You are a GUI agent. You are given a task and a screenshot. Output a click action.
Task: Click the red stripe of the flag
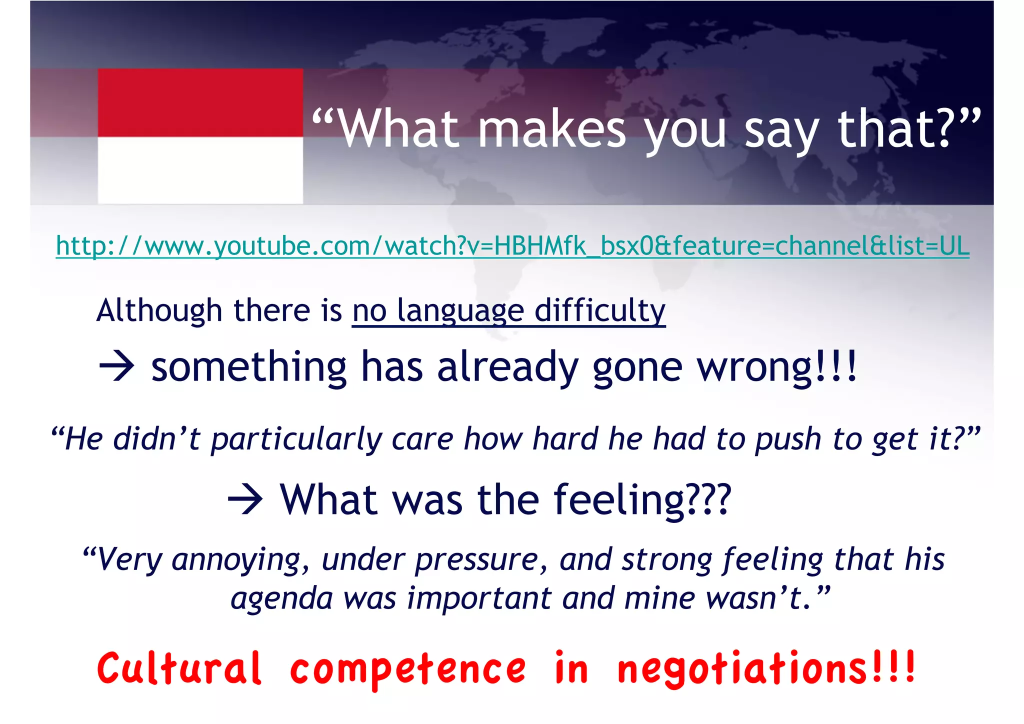pos(200,103)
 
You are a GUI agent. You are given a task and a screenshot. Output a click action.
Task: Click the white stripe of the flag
pos(200,170)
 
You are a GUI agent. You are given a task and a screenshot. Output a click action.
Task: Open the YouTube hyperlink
pos(512,246)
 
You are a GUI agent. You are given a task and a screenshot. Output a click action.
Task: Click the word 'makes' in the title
pos(552,130)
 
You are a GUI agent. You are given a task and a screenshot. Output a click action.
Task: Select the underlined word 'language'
pos(460,311)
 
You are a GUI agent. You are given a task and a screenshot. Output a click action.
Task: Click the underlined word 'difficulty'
pos(599,311)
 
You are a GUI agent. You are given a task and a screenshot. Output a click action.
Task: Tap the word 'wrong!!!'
pos(777,367)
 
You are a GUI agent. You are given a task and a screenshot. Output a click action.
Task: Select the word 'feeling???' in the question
pos(642,500)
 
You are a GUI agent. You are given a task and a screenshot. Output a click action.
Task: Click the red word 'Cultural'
pos(179,669)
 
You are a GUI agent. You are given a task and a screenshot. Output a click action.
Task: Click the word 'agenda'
pos(281,598)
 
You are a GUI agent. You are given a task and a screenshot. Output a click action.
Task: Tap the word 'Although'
pos(159,311)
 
